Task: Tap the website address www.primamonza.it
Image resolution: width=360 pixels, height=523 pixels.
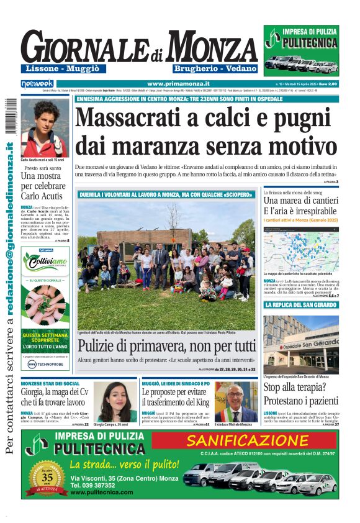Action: coord(179,83)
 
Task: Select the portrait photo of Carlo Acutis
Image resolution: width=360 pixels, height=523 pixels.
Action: coord(44,129)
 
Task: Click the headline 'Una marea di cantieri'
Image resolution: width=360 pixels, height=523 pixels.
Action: coord(300,201)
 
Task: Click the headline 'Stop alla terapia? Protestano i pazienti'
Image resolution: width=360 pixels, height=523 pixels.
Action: coord(300,395)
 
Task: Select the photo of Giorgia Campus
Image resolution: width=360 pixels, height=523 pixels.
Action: coord(115,402)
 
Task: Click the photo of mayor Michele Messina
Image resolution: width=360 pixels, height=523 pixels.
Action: coord(236,402)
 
